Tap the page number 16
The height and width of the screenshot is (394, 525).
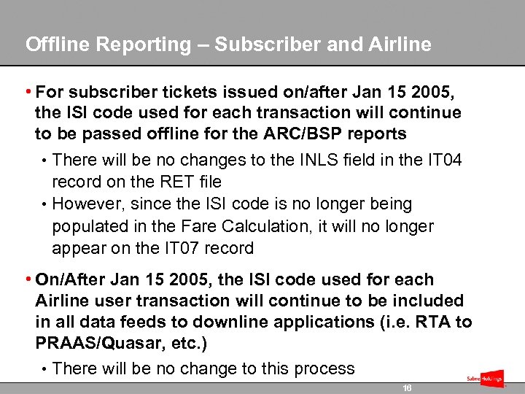click(x=407, y=388)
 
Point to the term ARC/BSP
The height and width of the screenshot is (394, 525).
click(x=324, y=134)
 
